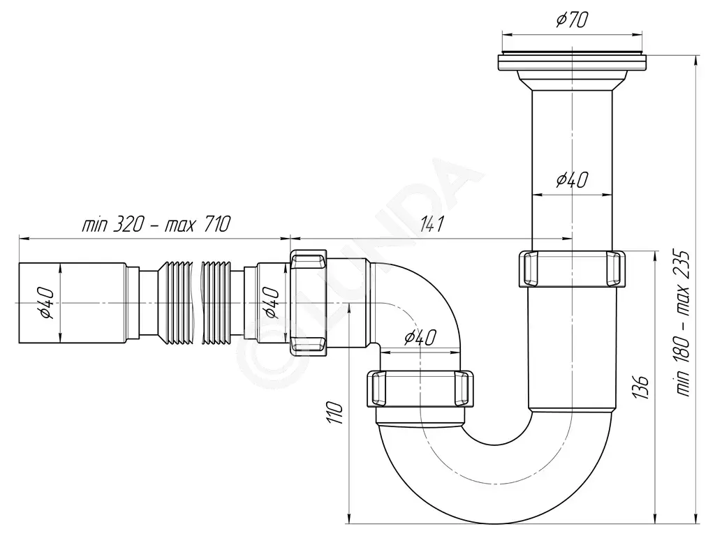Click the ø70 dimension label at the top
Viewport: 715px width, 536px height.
coord(572,19)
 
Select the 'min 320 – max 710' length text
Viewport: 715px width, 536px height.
coord(156,224)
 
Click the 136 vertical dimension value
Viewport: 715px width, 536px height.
coord(641,387)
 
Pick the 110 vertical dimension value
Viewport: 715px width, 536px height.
coord(334,413)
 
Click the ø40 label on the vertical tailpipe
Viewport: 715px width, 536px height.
coord(572,180)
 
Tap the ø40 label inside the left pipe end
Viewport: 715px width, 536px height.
coord(47,303)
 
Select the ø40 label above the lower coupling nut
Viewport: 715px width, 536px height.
coord(420,337)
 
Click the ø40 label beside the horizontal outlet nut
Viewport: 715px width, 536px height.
coord(272,303)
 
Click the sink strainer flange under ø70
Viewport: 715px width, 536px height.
coord(572,62)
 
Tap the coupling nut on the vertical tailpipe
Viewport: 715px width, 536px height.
coord(572,269)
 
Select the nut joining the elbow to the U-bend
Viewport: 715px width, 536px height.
coord(420,389)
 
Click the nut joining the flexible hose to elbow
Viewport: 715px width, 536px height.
coord(308,303)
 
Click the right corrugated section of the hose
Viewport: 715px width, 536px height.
coord(218,303)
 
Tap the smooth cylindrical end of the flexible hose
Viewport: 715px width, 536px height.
coord(72,303)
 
